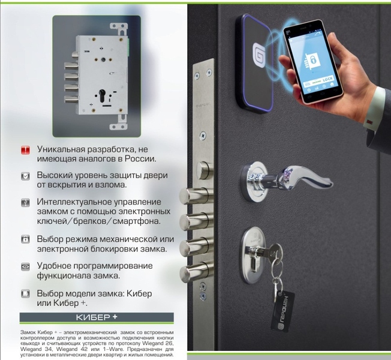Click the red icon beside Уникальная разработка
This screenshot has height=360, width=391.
pos(25,149)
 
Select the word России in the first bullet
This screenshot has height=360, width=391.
pos(140,159)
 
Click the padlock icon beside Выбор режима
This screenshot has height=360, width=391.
pos(25,239)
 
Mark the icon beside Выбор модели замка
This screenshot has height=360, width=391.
pos(25,293)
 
